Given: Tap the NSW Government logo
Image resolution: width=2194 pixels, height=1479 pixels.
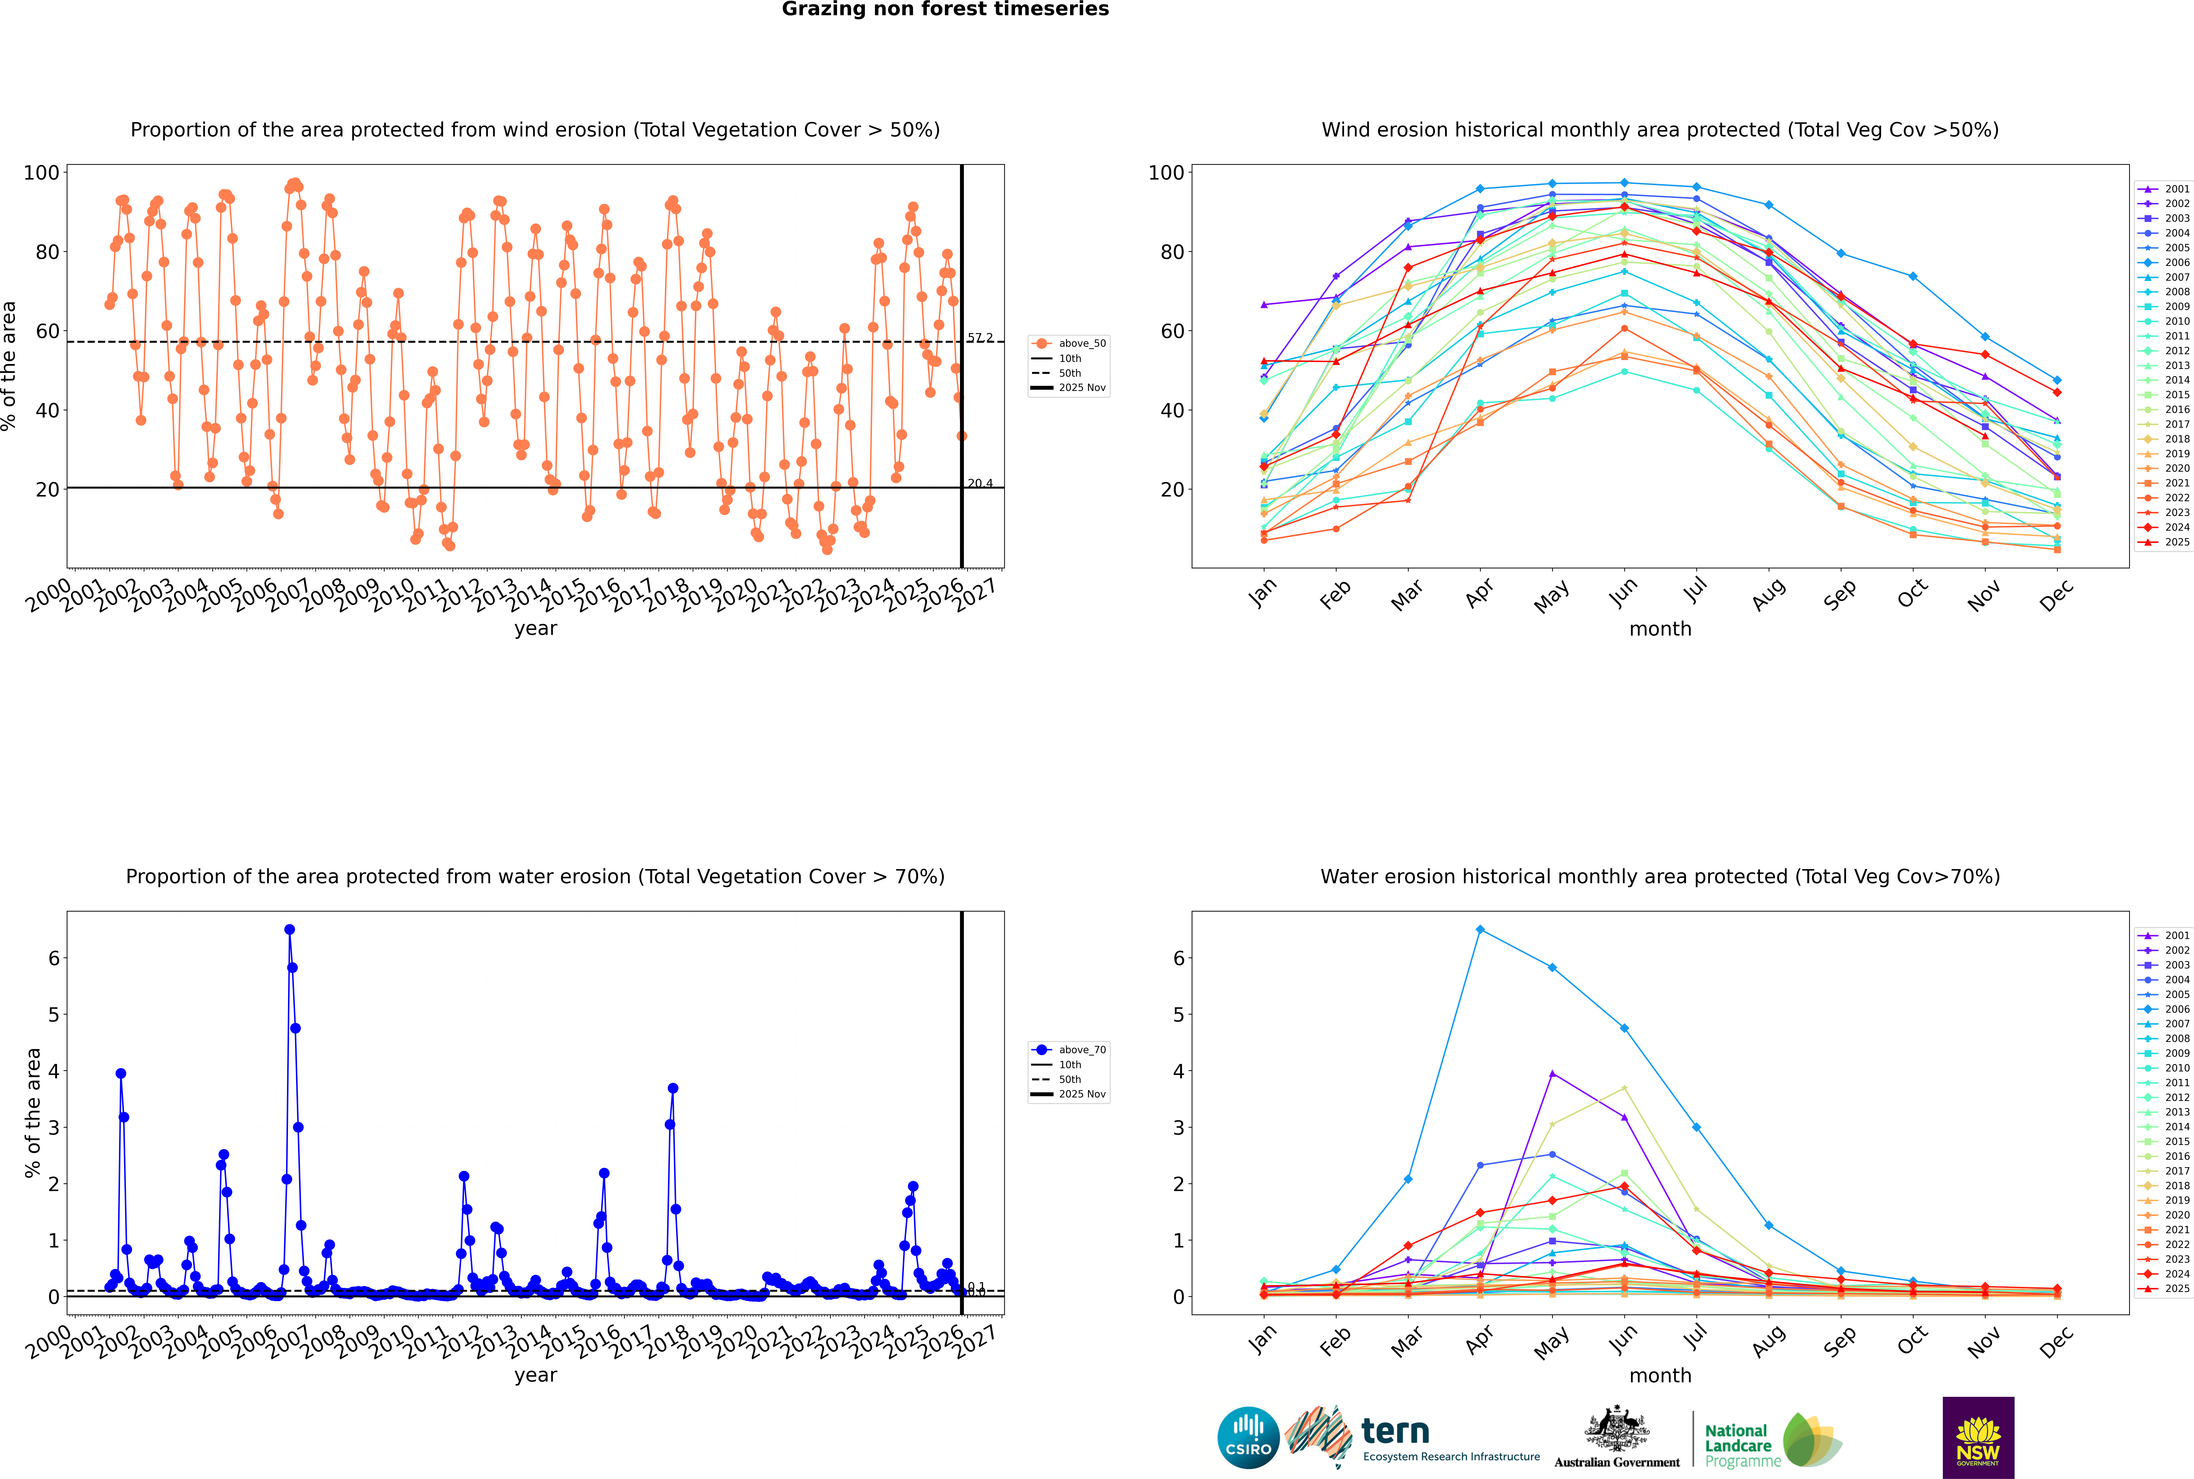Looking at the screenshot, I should (x=1978, y=1437).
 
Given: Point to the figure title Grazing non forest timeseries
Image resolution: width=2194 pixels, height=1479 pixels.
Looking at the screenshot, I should (x=945, y=9).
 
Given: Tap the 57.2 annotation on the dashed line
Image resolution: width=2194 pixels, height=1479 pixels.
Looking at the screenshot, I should (x=980, y=338).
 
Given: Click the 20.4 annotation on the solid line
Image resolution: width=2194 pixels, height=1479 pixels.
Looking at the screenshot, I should (x=980, y=483).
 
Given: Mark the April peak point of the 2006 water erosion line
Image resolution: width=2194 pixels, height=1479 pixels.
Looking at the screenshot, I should (x=1480, y=929).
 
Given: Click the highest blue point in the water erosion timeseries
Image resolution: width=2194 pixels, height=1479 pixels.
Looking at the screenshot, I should (x=290, y=929).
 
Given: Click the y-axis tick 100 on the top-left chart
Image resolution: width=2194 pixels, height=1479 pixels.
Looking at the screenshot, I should (x=41, y=173).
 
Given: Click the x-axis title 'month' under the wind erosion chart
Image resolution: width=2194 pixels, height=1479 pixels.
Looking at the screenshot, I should (x=1660, y=629).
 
